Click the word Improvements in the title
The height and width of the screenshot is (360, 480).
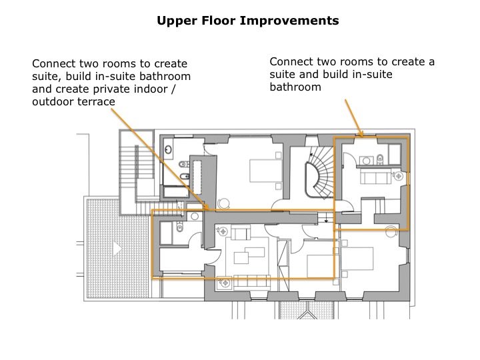(289, 21)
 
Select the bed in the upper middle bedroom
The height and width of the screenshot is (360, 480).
(266, 171)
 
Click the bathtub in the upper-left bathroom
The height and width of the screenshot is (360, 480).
(176, 192)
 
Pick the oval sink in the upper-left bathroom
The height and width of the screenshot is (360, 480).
(168, 150)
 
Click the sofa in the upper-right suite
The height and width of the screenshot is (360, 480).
(376, 176)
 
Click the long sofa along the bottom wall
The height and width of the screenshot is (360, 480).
(252, 282)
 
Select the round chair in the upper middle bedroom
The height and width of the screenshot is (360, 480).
(224, 203)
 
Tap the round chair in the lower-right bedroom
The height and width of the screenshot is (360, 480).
(391, 232)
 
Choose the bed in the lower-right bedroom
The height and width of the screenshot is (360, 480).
(357, 259)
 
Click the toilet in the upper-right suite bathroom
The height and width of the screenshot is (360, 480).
(380, 159)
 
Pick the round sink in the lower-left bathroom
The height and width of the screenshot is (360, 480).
(195, 217)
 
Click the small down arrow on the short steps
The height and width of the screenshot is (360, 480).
(326, 219)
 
